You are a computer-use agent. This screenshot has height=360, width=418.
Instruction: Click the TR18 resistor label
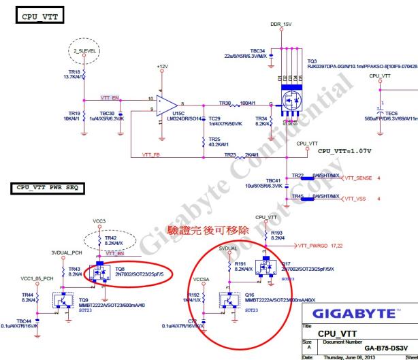click(x=75, y=71)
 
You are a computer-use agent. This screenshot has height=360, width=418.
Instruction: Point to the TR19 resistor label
click(x=75, y=112)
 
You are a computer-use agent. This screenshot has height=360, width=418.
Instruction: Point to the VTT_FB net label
click(x=151, y=154)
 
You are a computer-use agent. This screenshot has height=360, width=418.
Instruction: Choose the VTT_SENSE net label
click(x=359, y=177)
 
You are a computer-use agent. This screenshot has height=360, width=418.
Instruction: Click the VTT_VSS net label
click(x=355, y=198)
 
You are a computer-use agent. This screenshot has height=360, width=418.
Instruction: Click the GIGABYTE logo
click(x=353, y=314)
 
